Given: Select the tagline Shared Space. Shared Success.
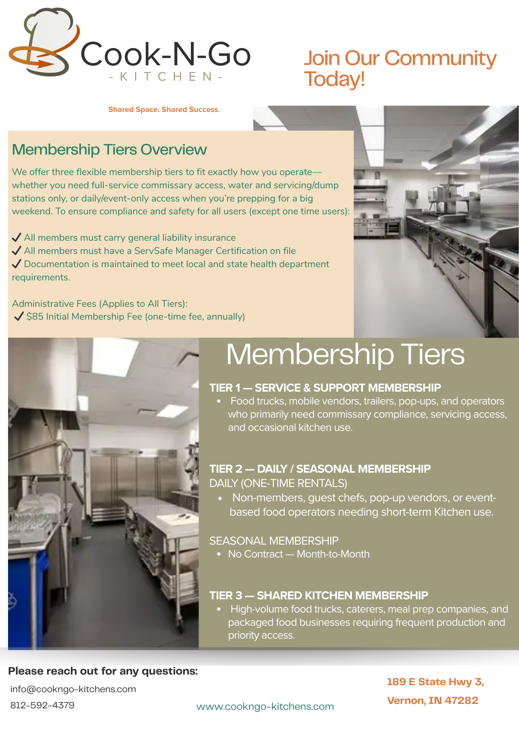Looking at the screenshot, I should tap(164, 110).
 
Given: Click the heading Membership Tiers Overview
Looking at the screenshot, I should tap(109, 150).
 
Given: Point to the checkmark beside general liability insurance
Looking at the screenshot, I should tap(17, 238).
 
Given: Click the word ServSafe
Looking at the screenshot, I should tap(154, 251).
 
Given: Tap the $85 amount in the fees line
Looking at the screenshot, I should tap(35, 317).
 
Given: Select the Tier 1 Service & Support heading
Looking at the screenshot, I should tap(325, 388).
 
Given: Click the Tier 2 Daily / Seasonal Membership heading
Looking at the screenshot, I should tap(320, 469).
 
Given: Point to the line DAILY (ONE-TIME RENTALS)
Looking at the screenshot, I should tap(278, 483).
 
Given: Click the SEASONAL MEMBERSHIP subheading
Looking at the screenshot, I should tap(274, 541).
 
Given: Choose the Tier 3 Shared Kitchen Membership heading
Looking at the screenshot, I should tap(319, 595).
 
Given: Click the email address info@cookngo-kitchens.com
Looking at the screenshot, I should tap(73, 689).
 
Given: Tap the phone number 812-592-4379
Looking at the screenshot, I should tap(42, 705).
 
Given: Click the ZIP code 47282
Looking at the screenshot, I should tap(461, 701).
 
